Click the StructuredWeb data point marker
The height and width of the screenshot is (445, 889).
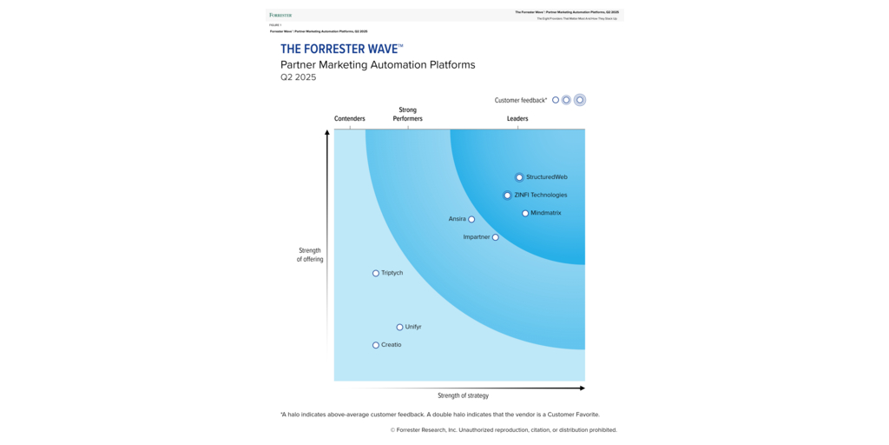pyautogui.click(x=519, y=177)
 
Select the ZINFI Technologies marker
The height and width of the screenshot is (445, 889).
pyautogui.click(x=508, y=196)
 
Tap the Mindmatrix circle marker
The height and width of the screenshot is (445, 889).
pyautogui.click(x=525, y=213)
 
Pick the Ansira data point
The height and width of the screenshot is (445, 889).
pyautogui.click(x=471, y=219)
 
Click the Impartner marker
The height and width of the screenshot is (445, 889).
pyautogui.click(x=496, y=237)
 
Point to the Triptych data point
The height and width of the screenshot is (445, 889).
pyautogui.click(x=376, y=273)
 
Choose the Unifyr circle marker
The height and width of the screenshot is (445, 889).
pyautogui.click(x=399, y=328)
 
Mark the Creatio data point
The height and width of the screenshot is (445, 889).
pyautogui.click(x=376, y=345)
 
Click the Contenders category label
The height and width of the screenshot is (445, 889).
pyautogui.click(x=350, y=118)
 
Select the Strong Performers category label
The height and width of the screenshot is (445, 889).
pyautogui.click(x=407, y=114)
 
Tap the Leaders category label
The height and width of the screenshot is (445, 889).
pyautogui.click(x=517, y=118)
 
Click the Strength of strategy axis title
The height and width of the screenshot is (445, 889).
pyautogui.click(x=463, y=395)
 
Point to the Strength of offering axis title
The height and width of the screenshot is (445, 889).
pyautogui.click(x=309, y=255)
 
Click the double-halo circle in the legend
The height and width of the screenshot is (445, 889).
pyautogui.click(x=580, y=100)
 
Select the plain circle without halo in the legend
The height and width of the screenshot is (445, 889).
pyautogui.click(x=556, y=100)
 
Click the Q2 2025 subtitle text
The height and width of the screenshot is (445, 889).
pyautogui.click(x=298, y=77)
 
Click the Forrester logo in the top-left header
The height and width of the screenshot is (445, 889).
pyautogui.click(x=280, y=15)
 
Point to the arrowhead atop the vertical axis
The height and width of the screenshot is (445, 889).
pyautogui.click(x=327, y=133)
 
